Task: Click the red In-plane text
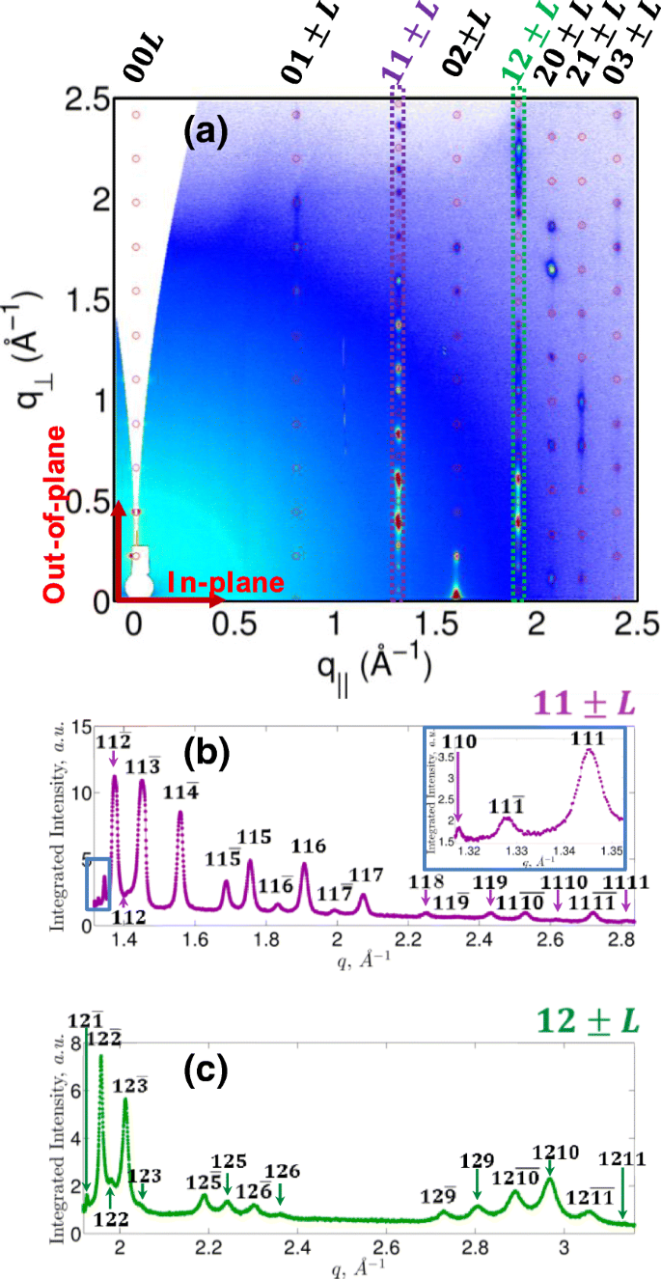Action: [x=226, y=582]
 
